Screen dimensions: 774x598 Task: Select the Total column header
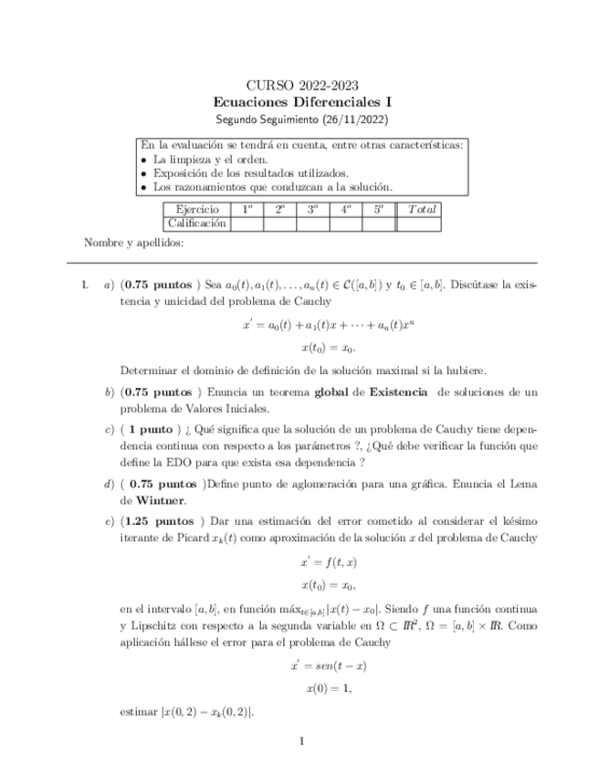(422, 210)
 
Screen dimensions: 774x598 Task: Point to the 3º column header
(312, 210)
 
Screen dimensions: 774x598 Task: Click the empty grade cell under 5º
(378, 223)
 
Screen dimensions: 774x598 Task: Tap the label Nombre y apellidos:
(133, 243)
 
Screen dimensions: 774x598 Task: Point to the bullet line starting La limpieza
(196, 159)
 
